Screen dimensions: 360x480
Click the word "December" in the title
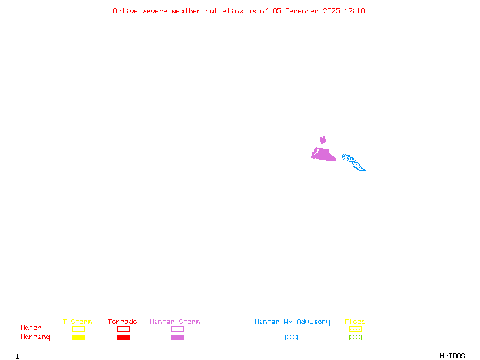click(x=304, y=11)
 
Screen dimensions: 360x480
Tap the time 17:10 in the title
click(x=355, y=11)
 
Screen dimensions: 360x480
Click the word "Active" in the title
click(x=125, y=11)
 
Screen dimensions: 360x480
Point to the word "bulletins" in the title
click(x=224, y=11)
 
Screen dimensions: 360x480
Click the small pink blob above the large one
click(x=323, y=140)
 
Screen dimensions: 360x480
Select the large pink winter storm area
click(x=323, y=154)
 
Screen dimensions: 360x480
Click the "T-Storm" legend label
click(x=77, y=322)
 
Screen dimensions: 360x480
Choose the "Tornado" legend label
click(x=122, y=322)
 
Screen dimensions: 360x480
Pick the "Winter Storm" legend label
click(x=175, y=322)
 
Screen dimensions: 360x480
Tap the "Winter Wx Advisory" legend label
click(x=292, y=322)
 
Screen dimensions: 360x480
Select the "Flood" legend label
click(x=355, y=322)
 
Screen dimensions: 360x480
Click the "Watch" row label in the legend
click(x=31, y=328)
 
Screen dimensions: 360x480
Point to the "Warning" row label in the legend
click(x=35, y=337)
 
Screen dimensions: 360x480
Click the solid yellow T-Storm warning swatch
click(x=78, y=338)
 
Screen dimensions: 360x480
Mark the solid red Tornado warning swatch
click(x=123, y=338)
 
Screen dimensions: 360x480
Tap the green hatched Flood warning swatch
click(x=355, y=338)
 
